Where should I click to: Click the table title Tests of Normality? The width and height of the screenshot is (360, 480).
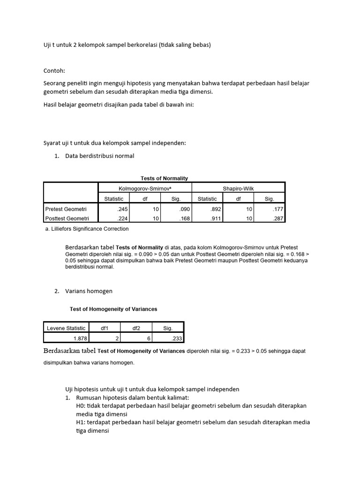164,178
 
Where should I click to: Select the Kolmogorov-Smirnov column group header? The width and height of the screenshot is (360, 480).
144,188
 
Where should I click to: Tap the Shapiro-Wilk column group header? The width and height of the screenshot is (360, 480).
238,188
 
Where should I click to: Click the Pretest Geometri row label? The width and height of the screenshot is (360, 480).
66,209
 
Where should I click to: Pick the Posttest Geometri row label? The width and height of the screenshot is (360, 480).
67,218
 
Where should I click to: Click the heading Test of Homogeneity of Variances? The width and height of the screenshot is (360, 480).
113,309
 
